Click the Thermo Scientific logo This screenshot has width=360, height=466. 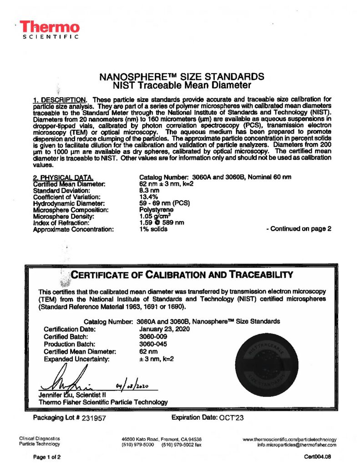50,30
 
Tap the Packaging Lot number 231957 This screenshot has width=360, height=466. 92,418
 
